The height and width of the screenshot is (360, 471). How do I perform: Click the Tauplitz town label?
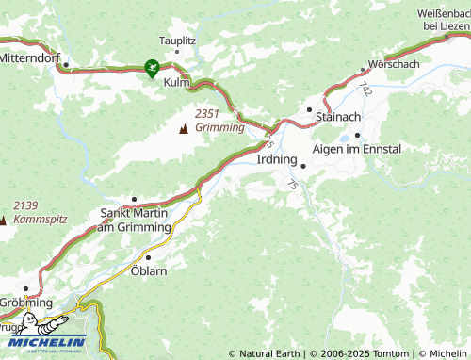pos(177,41)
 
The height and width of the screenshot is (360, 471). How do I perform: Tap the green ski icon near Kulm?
pos(151,67)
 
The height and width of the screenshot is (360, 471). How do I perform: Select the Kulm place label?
pos(177,83)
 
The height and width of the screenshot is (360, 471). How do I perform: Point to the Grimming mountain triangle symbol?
pos(183,127)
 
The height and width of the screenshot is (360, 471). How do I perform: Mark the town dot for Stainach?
pos(308,110)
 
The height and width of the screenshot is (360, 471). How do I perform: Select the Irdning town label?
pos(277,159)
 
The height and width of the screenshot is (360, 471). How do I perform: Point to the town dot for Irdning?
pos(303,166)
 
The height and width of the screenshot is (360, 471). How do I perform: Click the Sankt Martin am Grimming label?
pos(134,221)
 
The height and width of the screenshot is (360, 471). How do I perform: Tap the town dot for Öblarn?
pos(148,255)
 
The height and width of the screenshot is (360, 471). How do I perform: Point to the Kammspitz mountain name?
pos(33,219)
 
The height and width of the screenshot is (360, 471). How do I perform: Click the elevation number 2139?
pos(25,205)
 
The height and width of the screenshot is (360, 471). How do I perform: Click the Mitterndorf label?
pos(29,57)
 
